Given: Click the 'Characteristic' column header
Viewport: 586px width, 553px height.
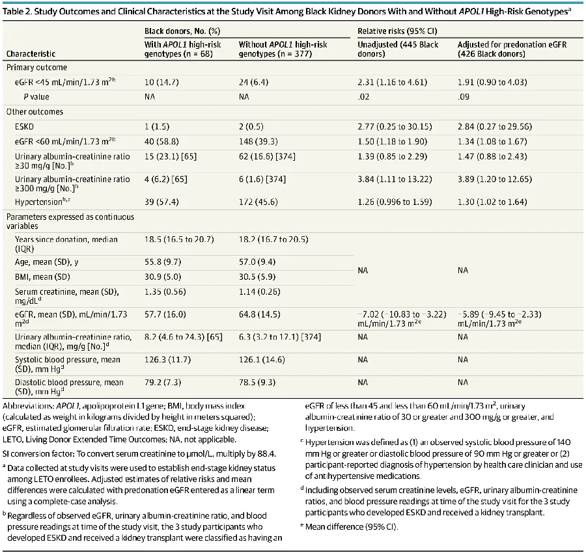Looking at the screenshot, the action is (31, 54).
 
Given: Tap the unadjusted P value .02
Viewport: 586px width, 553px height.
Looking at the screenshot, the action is (363, 97).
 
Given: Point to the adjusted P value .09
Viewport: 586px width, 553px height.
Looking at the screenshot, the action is (464, 97).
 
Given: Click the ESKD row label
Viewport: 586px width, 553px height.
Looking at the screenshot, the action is (24, 127).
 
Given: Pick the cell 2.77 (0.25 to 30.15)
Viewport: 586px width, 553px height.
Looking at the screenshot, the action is (395, 127).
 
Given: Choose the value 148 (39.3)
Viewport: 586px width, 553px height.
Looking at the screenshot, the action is (258, 142).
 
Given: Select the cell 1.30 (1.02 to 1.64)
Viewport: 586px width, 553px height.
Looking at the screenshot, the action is (492, 202).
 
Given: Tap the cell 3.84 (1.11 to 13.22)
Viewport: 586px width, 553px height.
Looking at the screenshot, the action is (395, 179).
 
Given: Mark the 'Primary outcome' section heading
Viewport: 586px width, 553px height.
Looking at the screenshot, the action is (36, 68).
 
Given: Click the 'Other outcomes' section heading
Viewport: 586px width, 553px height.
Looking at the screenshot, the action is (35, 112).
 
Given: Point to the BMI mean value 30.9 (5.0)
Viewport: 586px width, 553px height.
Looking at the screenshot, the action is (163, 276).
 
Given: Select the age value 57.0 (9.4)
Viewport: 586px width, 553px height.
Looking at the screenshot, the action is (257, 262).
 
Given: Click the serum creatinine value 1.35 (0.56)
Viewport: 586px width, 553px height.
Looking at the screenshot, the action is (165, 291).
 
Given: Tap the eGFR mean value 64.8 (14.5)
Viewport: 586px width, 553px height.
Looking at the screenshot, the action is (260, 314).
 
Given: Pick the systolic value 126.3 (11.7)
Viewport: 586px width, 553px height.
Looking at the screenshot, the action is (167, 360).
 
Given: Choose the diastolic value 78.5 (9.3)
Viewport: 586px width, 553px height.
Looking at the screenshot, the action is (257, 383).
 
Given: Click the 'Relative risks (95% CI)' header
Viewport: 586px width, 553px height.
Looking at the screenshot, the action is (397, 31).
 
